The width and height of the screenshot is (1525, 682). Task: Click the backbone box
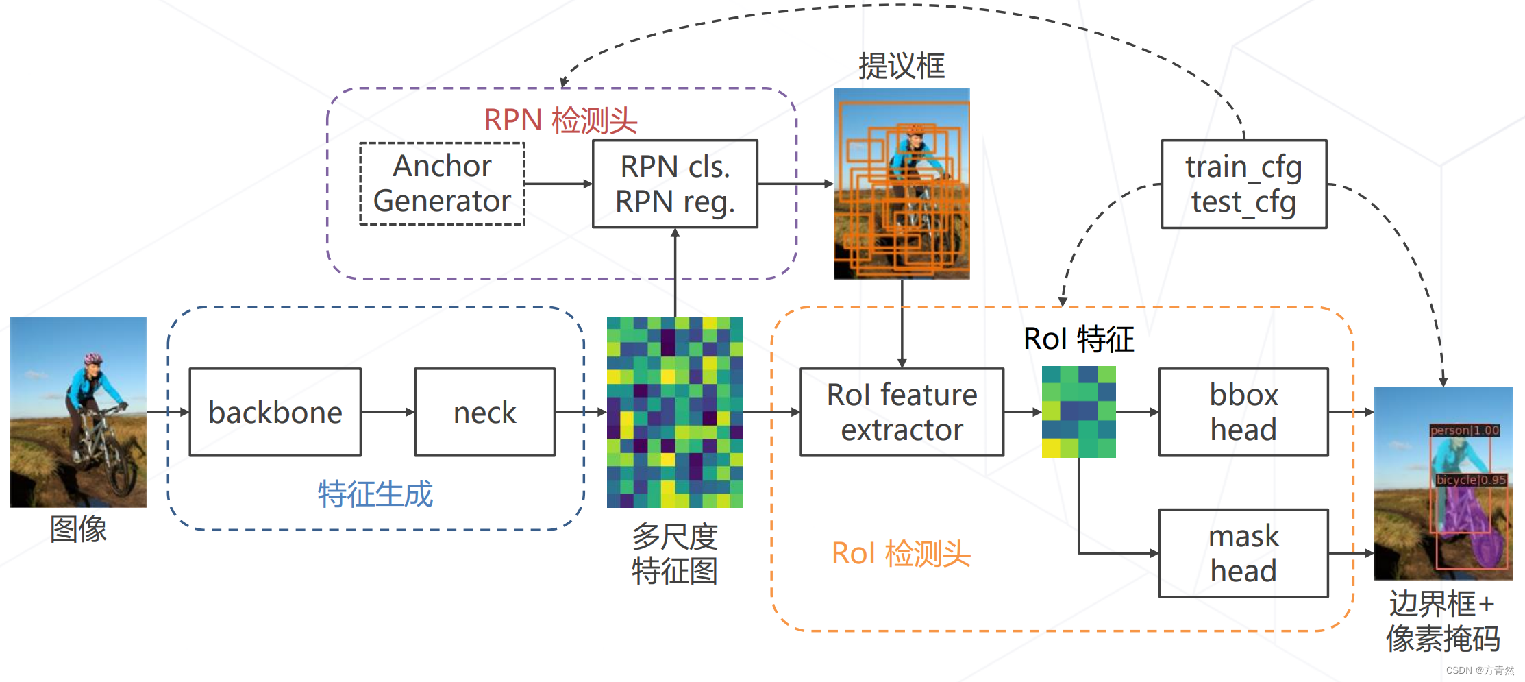click(275, 412)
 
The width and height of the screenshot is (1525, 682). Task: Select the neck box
click(484, 412)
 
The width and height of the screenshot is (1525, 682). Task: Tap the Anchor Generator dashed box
click(442, 184)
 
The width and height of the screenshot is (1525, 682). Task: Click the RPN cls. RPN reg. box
click(675, 184)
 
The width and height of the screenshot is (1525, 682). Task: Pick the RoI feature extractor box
click(902, 412)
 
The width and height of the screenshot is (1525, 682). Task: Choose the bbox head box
click(1243, 412)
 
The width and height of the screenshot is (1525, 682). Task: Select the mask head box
click(1243, 553)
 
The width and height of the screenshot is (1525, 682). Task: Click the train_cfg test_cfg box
click(1243, 184)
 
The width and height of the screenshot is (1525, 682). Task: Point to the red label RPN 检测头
click(560, 120)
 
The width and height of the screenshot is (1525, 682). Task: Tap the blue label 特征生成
click(375, 494)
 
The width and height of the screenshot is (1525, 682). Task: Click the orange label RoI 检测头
click(901, 553)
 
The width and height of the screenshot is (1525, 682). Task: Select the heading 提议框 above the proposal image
click(902, 66)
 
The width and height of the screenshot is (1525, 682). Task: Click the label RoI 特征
click(1078, 339)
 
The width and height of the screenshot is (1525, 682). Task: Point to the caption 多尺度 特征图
click(675, 554)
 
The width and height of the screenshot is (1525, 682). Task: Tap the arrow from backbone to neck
click(388, 412)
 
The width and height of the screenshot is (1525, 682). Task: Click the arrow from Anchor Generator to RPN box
click(558, 184)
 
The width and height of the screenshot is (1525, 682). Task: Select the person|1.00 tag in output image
click(1465, 430)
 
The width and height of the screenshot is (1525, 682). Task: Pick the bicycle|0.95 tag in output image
click(1471, 480)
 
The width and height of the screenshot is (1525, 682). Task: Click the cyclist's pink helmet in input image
click(92, 358)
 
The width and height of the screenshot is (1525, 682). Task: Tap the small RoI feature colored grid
click(1078, 412)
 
